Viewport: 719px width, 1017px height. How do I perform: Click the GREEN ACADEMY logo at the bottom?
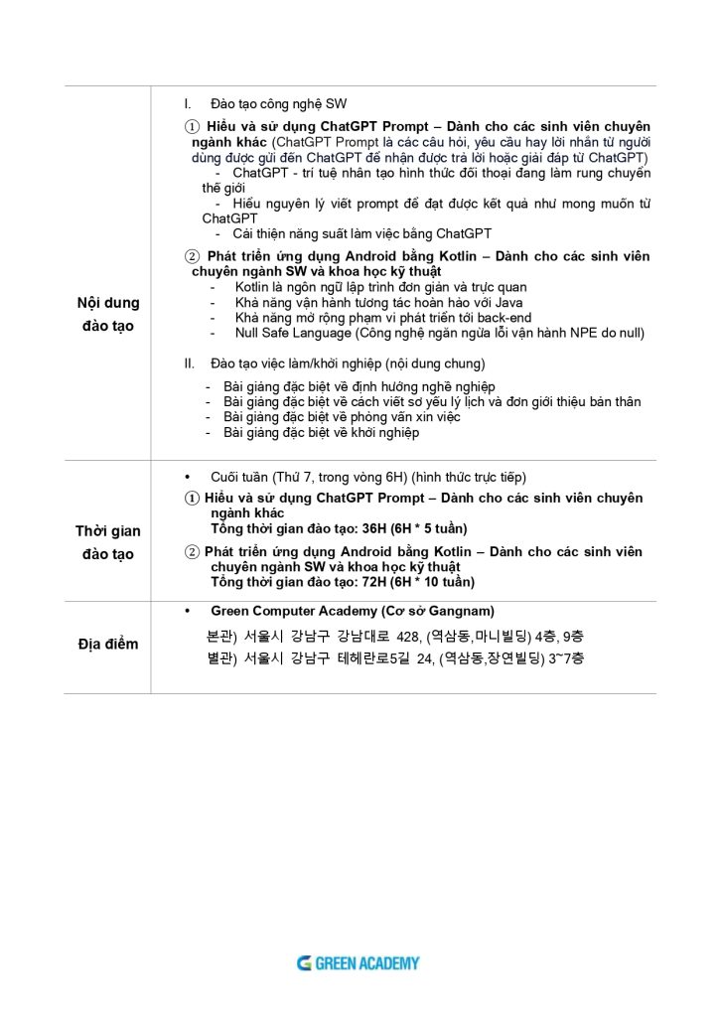(359, 962)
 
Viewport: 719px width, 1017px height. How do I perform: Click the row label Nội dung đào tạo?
(110, 313)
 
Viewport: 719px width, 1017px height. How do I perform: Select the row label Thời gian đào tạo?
(108, 542)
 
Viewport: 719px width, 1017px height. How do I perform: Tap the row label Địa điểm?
(109, 645)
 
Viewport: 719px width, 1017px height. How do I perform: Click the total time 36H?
(367, 528)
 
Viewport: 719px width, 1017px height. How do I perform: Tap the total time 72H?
(367, 581)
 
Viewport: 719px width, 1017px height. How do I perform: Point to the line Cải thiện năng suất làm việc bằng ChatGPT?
(361, 233)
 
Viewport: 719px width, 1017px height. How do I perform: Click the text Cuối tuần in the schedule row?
(236, 477)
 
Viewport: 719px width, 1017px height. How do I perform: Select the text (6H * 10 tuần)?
(427, 581)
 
